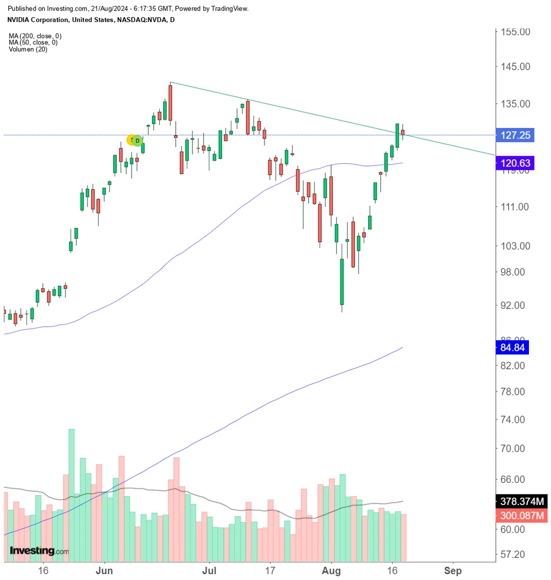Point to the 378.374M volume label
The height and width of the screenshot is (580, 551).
(522, 502)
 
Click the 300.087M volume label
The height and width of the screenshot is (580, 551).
(522, 516)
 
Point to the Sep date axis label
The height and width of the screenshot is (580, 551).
(453, 571)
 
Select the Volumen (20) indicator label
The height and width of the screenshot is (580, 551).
(28, 50)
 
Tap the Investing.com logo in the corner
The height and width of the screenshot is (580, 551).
(39, 550)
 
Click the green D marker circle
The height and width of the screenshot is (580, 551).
(138, 141)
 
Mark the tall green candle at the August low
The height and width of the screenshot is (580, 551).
(342, 281)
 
